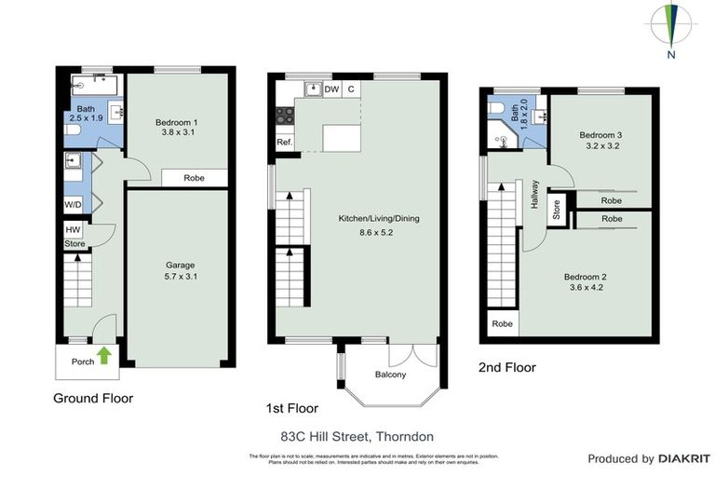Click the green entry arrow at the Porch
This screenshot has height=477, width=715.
click(103, 356)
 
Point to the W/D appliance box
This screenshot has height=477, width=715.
click(73, 203)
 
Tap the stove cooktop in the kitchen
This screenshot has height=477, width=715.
click(285, 116)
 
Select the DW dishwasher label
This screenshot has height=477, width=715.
click(331, 89)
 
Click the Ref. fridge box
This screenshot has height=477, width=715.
click(285, 143)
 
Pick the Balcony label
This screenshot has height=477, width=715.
click(390, 375)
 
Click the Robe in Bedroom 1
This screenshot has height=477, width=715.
click(194, 177)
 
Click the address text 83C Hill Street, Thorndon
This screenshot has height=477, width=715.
click(357, 436)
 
